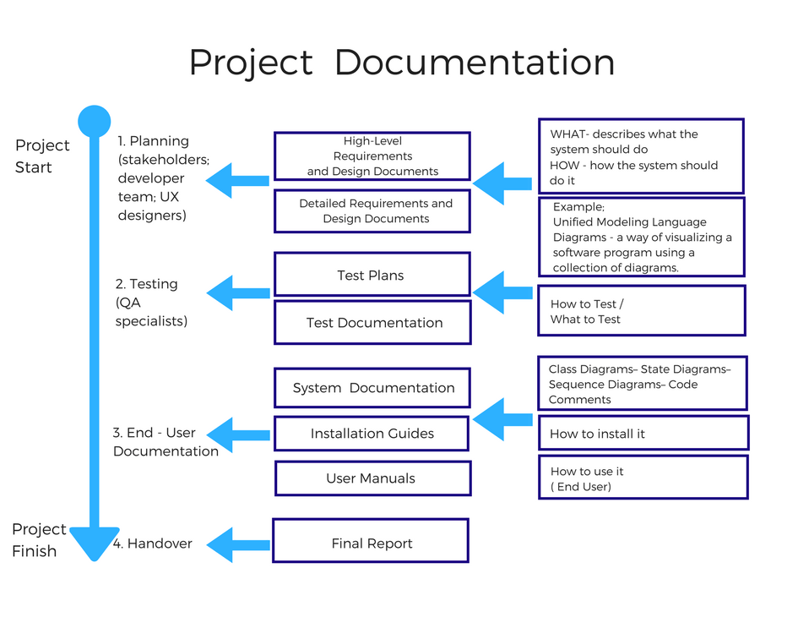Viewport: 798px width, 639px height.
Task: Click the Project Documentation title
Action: point(401,63)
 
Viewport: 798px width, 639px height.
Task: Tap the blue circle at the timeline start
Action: point(94,122)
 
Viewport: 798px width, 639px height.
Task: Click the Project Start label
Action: point(42,156)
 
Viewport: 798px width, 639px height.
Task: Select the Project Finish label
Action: point(39,540)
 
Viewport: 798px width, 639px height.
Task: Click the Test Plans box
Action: point(372,275)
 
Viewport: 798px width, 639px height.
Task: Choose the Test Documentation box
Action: point(372,323)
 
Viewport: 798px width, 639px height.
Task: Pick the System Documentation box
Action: point(372,388)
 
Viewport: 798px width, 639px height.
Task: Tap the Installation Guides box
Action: point(372,434)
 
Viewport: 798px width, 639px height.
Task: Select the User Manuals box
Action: point(372,478)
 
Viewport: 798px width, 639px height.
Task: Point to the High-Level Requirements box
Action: point(372,156)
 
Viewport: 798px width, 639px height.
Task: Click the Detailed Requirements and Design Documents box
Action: point(372,211)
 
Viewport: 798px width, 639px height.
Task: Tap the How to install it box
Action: point(643,433)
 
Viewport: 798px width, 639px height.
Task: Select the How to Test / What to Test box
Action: point(642,311)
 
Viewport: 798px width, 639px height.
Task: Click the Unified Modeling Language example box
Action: point(642,237)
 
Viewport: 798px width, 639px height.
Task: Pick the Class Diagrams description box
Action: point(642,384)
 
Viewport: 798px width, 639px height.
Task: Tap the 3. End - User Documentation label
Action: point(165,442)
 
